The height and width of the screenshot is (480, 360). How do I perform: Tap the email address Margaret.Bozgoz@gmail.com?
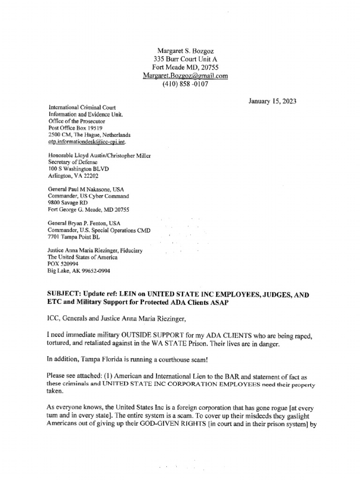[185, 75]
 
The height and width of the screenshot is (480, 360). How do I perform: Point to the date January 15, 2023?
[272, 101]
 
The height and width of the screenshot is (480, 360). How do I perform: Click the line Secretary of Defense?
[73, 162]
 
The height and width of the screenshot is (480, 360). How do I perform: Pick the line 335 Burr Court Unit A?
[185, 59]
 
